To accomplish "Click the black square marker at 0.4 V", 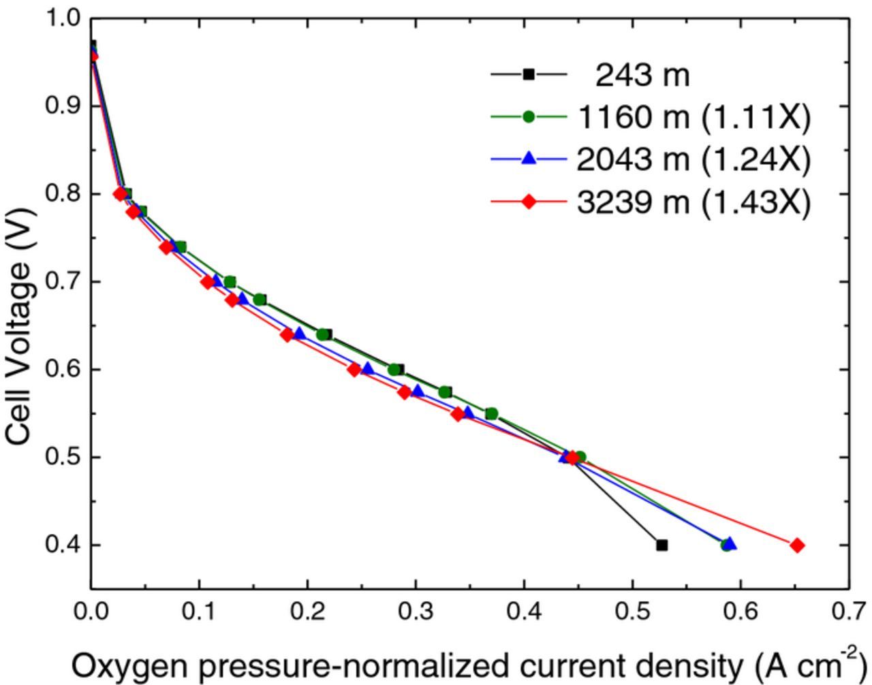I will [x=661, y=545].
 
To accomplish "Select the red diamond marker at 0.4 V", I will [x=797, y=545].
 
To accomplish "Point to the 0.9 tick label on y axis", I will [x=63, y=106].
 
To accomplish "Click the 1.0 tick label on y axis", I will [x=63, y=18].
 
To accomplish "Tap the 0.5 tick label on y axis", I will [x=63, y=457].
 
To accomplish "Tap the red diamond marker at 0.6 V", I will [x=354, y=370].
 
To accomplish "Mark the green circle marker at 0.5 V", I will [x=580, y=457].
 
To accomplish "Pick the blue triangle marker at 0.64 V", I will [x=300, y=334].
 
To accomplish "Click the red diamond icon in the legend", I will [x=529, y=202].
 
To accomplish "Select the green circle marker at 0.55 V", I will [x=491, y=413].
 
